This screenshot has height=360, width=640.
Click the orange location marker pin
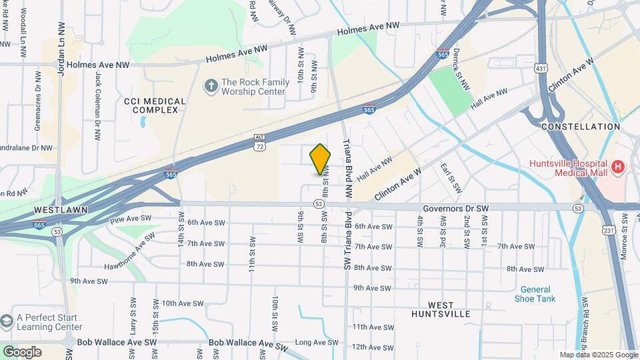(x=321, y=159)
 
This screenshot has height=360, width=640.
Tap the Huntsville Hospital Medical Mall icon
(x=618, y=166)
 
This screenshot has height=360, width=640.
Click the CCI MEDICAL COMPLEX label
(x=155, y=105)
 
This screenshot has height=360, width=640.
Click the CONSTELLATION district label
(x=581, y=126)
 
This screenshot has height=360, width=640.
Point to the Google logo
(x=21, y=351)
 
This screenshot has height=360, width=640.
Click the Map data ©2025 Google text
(x=598, y=355)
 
